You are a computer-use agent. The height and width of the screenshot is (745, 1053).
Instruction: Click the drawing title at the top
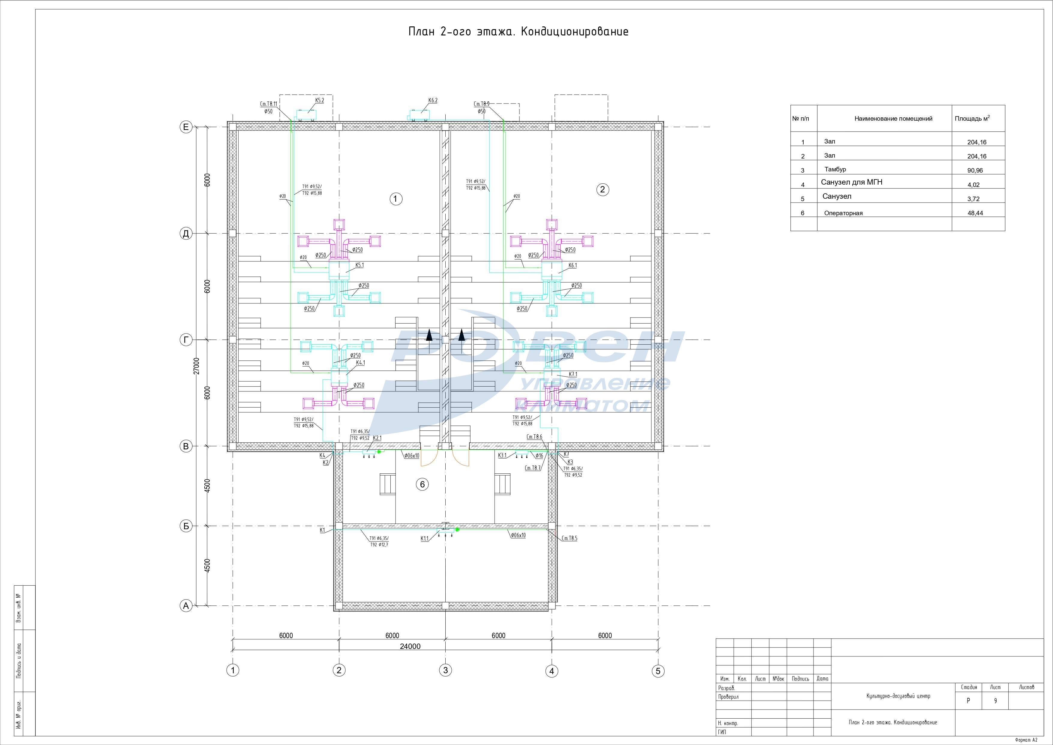518,32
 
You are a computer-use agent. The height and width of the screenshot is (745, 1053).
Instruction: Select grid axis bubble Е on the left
186,127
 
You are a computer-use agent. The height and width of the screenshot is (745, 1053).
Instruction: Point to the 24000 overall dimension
410,646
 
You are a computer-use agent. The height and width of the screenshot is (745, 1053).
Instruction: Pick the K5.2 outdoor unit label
319,101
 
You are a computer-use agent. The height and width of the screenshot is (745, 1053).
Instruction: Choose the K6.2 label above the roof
432,101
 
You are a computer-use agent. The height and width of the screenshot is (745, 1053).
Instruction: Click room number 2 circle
603,189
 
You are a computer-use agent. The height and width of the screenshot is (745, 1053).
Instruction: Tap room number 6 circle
423,484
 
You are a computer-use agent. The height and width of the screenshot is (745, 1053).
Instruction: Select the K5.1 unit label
359,265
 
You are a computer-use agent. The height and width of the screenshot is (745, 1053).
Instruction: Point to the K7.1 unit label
573,374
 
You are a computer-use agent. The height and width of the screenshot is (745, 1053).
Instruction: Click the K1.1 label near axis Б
425,538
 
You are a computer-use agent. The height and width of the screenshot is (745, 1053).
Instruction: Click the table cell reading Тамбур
835,169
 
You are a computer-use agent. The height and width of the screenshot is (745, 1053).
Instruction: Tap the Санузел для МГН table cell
851,182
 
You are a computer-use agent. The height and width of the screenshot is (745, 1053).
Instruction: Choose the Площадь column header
972,118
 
